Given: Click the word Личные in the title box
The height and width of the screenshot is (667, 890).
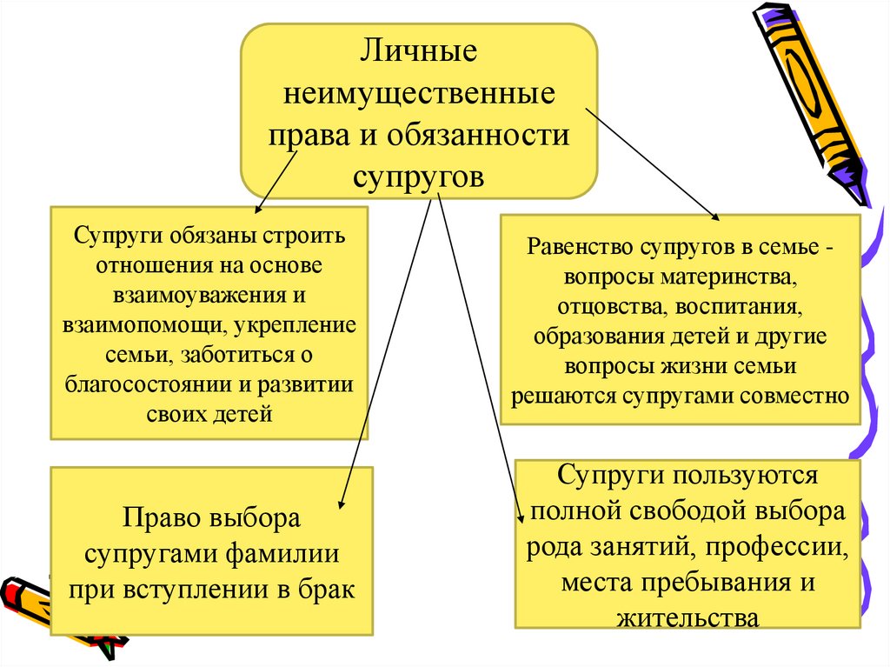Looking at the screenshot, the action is point(419,51).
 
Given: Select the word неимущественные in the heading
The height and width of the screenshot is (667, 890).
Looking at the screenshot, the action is point(419,93).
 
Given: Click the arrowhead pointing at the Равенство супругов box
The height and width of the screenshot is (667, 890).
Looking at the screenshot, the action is point(716,217).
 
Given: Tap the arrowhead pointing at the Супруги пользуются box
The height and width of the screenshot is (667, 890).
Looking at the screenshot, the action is point(521,519).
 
